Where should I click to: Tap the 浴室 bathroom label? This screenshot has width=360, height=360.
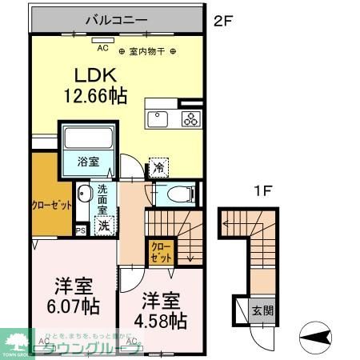tap(88, 162)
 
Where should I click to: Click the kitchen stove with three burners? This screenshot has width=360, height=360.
tap(192, 121)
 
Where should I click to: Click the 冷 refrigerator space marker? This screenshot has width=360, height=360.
tap(159, 167)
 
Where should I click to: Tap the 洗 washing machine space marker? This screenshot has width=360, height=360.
tap(104, 226)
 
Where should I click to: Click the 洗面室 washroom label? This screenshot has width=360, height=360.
tap(102, 199)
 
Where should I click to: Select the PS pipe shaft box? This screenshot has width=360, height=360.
tap(80, 231)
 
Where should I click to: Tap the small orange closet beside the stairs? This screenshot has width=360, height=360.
tap(160, 254)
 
